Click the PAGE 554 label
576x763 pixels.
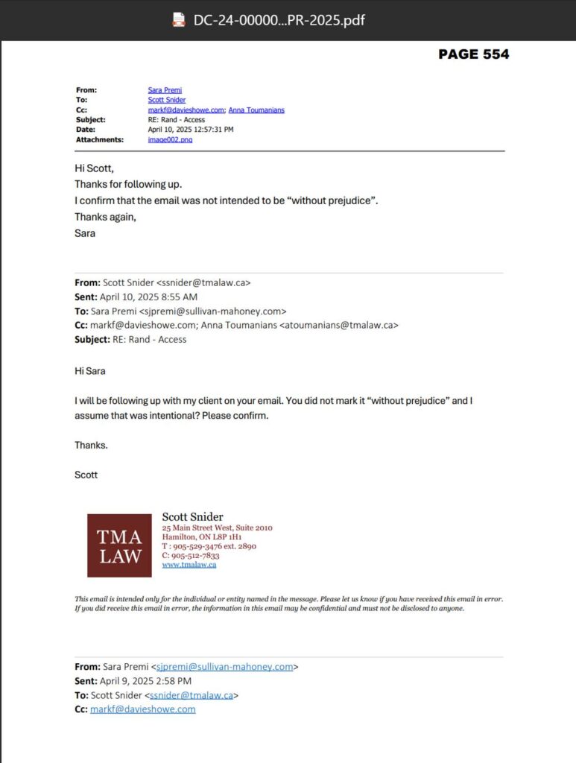(x=473, y=54)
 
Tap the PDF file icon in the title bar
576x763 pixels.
(x=178, y=20)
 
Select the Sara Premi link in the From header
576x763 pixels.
(x=165, y=90)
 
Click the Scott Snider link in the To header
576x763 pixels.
(x=167, y=100)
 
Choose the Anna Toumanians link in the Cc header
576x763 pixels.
(x=256, y=110)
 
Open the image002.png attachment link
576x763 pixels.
(x=170, y=139)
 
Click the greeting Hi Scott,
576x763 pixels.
(x=94, y=168)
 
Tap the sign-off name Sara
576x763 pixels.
(x=85, y=233)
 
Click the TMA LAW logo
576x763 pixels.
(x=119, y=545)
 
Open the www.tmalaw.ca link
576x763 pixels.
(x=189, y=565)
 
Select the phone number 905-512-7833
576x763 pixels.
(x=195, y=555)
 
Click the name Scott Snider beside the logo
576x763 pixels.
(x=192, y=517)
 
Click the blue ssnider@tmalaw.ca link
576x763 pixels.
(x=192, y=695)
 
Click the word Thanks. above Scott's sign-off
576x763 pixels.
(x=91, y=445)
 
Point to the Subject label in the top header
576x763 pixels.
(x=90, y=120)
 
